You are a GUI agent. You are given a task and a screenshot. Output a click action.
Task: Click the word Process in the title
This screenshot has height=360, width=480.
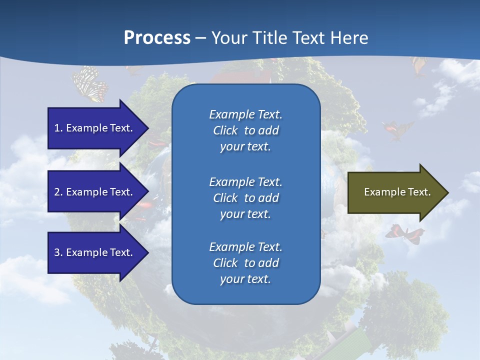tap(157, 38)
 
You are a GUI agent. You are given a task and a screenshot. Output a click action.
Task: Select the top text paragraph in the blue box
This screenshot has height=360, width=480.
tap(245, 130)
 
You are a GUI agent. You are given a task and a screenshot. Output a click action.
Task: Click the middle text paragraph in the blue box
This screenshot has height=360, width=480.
tap(245, 198)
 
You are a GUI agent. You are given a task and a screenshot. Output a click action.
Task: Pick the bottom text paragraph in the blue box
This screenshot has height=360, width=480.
tap(245, 263)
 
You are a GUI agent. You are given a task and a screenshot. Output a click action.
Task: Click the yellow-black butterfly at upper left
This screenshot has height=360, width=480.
tap(90, 84)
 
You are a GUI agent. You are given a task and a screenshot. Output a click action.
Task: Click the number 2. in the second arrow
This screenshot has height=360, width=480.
tap(58, 192)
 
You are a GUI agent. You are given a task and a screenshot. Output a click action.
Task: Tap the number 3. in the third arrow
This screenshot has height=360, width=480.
tap(58, 252)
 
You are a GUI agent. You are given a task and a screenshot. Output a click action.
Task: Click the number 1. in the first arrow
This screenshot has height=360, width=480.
tap(58, 128)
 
